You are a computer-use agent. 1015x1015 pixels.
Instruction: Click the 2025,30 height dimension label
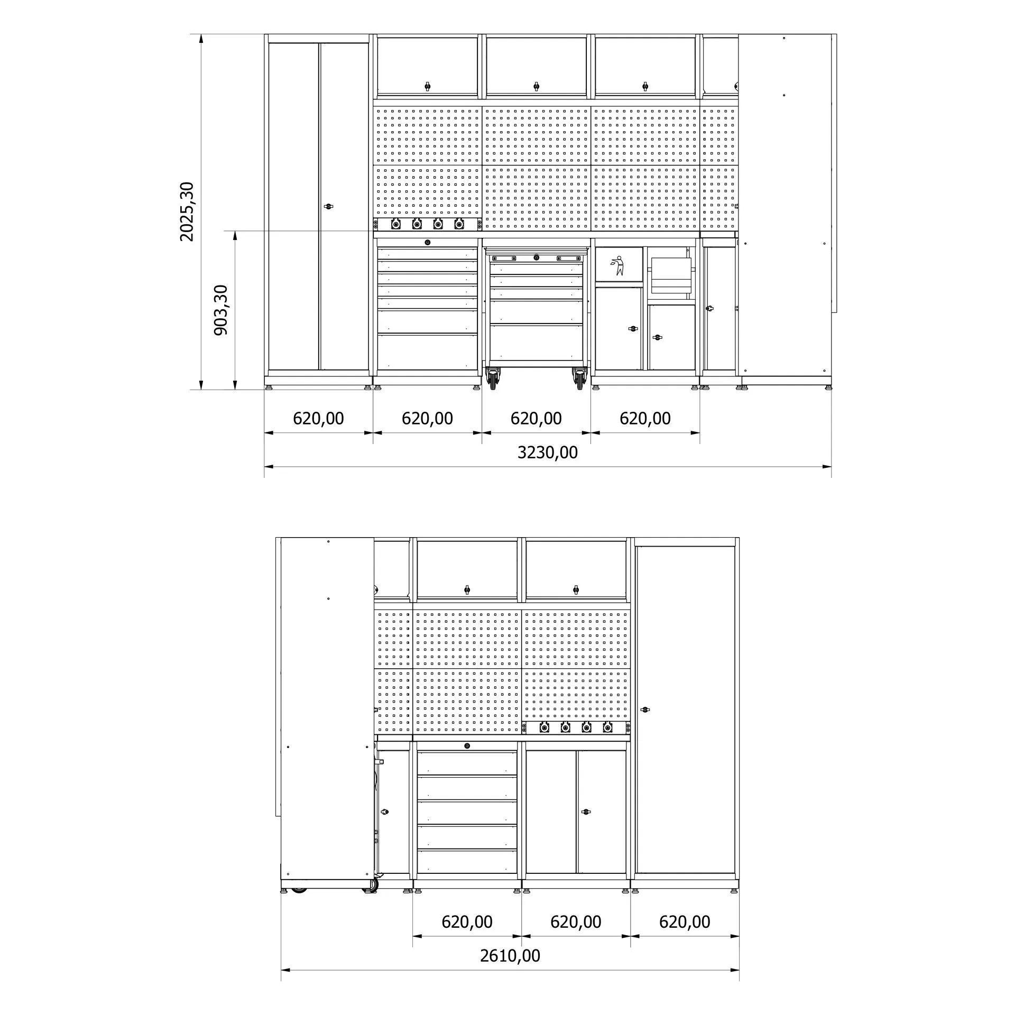(x=187, y=211)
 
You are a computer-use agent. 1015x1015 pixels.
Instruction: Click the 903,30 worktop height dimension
(x=220, y=310)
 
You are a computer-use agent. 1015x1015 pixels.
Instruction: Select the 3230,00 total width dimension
(x=547, y=453)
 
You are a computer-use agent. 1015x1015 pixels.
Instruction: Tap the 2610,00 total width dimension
(x=510, y=956)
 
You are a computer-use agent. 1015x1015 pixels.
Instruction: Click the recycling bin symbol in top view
(x=617, y=265)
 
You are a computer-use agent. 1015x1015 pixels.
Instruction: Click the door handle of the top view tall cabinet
(x=328, y=206)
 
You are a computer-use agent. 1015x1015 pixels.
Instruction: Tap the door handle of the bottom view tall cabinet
(x=644, y=709)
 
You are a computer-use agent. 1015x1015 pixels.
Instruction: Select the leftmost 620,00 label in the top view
(x=318, y=419)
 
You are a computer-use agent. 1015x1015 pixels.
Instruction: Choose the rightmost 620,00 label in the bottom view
(x=685, y=922)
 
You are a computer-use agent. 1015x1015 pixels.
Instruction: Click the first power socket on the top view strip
(x=395, y=224)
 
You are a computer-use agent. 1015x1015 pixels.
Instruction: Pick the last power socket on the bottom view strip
(x=607, y=728)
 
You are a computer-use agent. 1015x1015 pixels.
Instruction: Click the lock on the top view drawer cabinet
(x=427, y=243)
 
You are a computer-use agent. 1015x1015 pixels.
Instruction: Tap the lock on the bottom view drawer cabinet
(x=467, y=746)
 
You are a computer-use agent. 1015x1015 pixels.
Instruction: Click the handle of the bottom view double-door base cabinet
(x=585, y=811)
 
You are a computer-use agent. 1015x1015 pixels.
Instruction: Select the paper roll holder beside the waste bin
(x=671, y=275)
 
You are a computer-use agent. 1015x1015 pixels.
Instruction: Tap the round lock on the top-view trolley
(x=536, y=257)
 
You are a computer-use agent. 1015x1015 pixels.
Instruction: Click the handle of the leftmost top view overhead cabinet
(x=427, y=86)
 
